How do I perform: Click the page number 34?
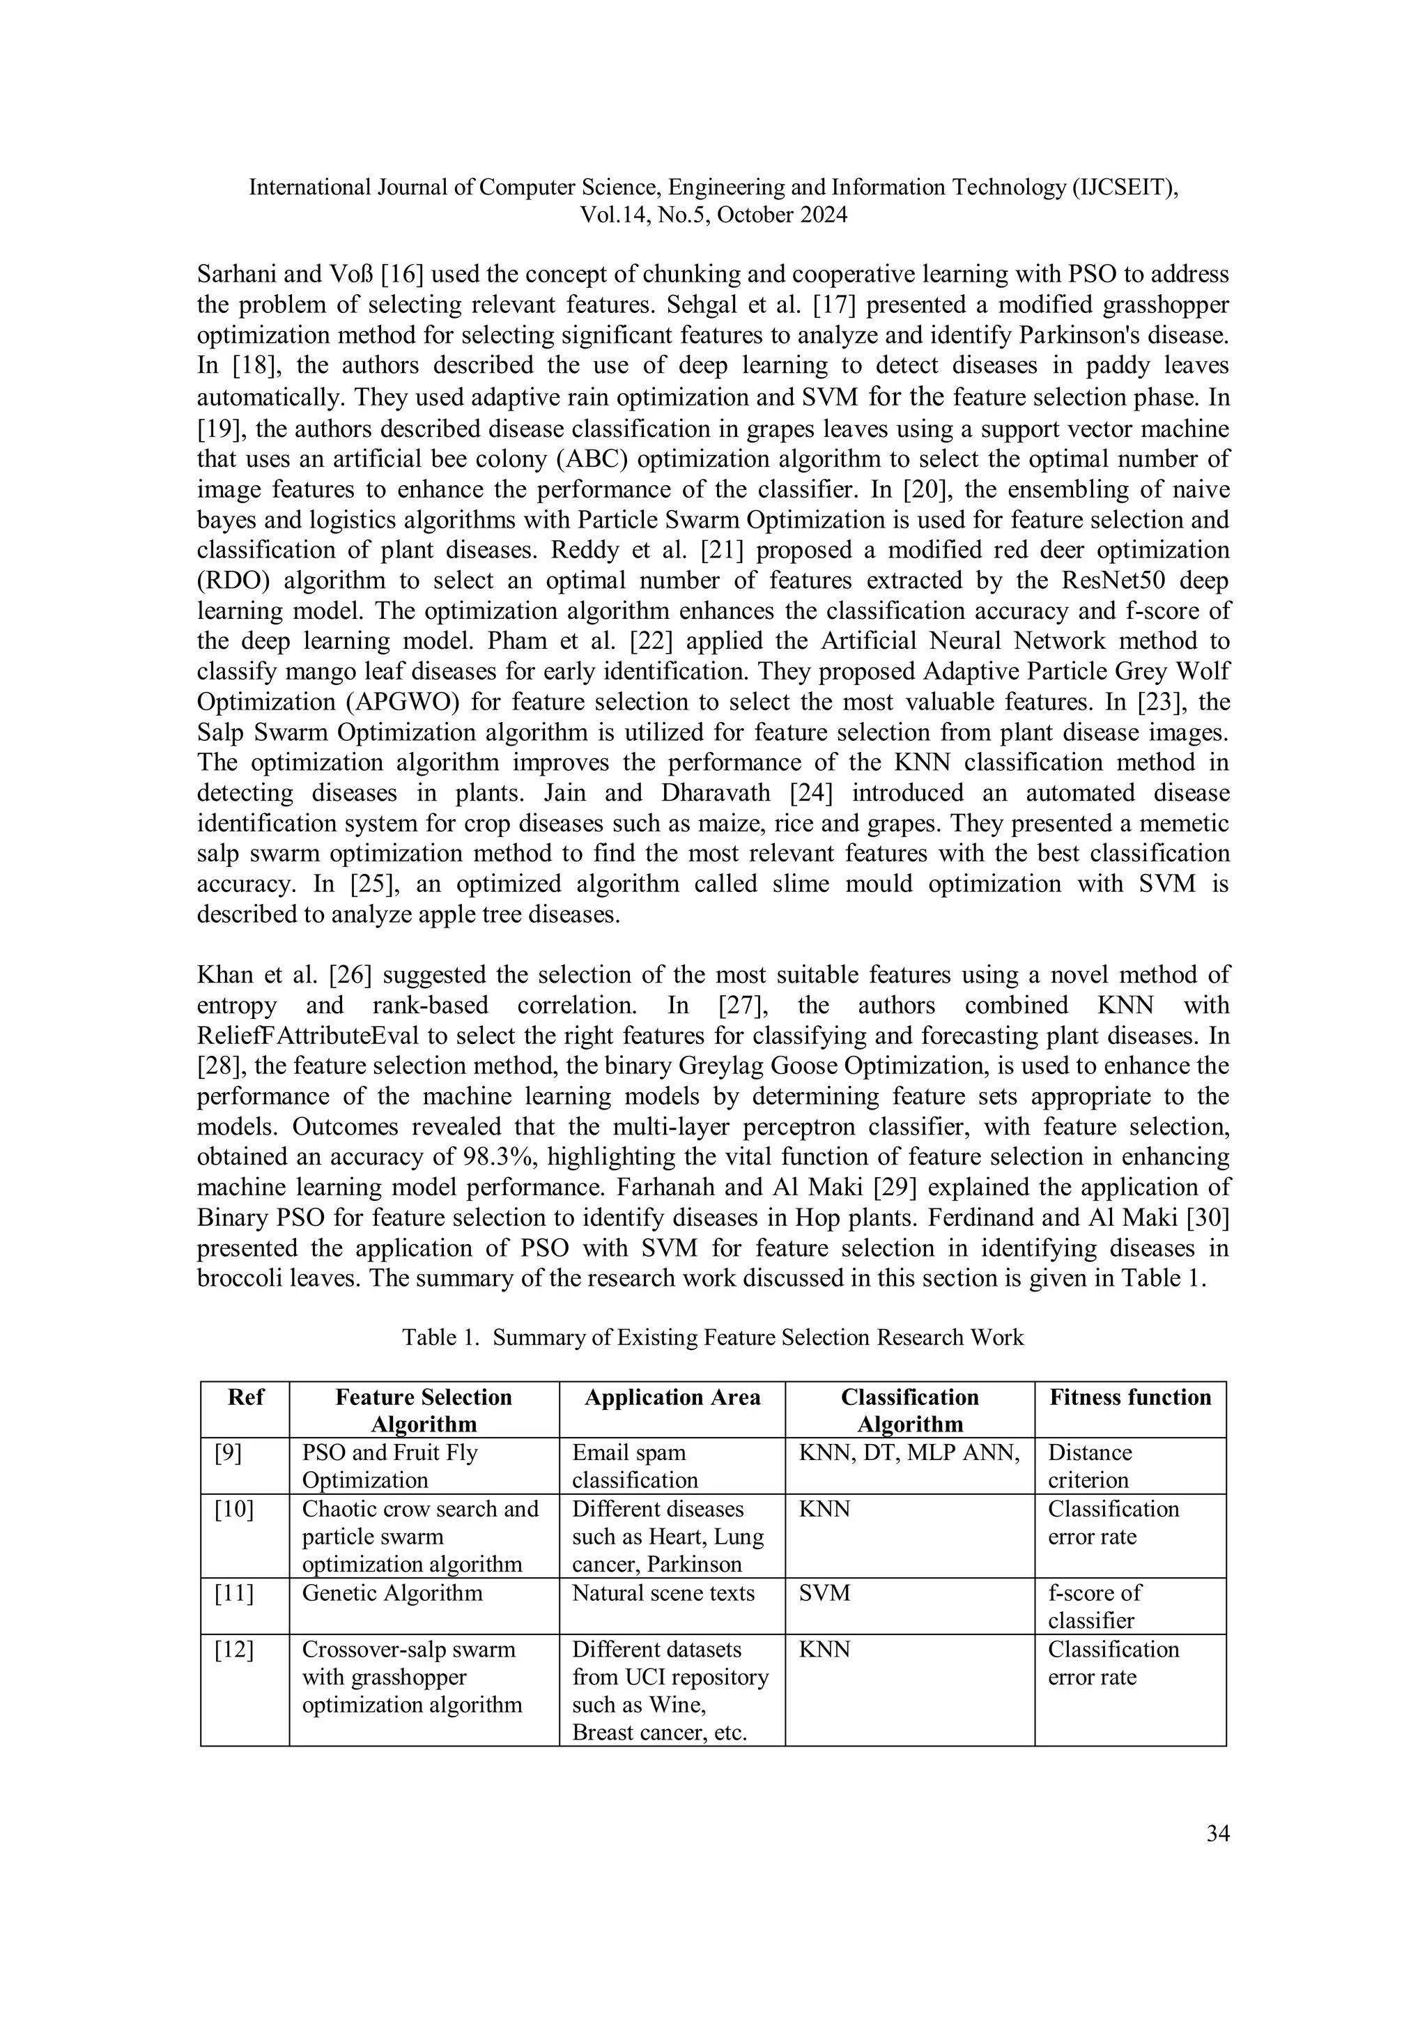click(1217, 1834)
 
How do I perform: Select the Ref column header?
click(245, 1397)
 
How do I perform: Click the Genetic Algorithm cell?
click(392, 1592)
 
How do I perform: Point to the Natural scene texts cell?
click(663, 1592)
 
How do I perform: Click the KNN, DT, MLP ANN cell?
click(909, 1452)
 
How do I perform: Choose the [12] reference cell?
click(234, 1649)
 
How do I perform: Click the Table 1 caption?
click(713, 1337)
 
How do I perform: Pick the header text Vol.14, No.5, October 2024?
click(713, 215)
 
